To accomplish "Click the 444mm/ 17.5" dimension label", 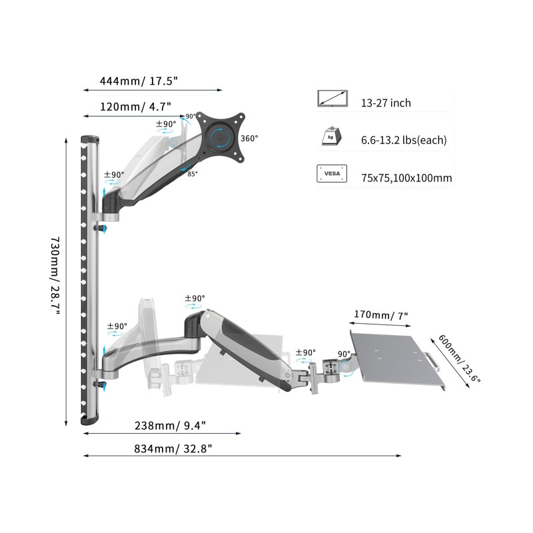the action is coord(139,81).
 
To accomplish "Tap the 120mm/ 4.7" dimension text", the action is coord(135,107).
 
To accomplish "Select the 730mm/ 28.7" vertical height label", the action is coord(55,276).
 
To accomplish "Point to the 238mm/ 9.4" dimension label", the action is coord(171,426).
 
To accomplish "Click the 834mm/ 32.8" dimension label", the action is coord(173,448).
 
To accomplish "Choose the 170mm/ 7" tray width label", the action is coord(380,315).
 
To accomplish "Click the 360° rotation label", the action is coord(249,139).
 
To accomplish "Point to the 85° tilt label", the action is coord(193,174).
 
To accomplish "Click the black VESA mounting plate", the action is coord(221,137).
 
